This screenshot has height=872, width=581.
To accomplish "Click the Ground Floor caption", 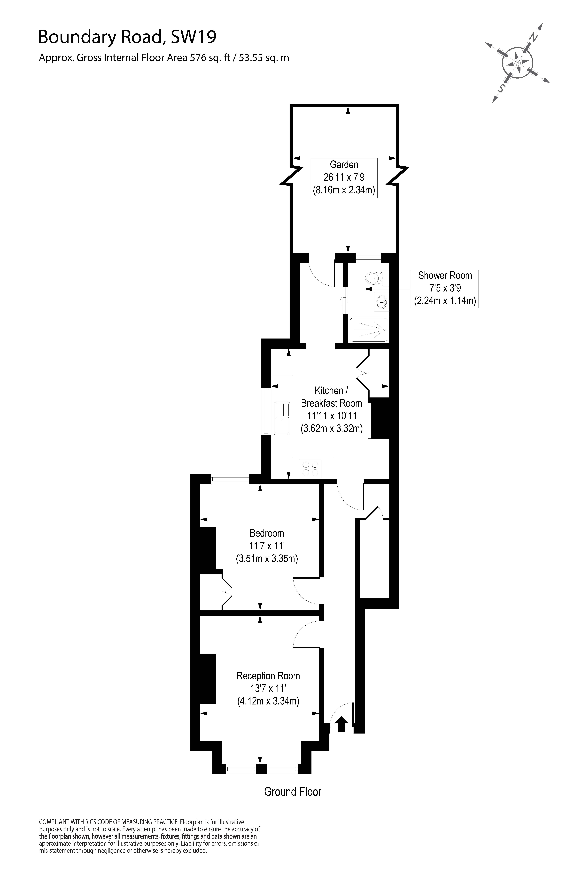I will point(292,791).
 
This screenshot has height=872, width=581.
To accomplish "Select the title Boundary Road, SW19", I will point(127,37).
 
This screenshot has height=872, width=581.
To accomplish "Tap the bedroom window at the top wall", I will point(230,479).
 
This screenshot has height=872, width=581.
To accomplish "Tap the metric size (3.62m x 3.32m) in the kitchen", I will point(331,429).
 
